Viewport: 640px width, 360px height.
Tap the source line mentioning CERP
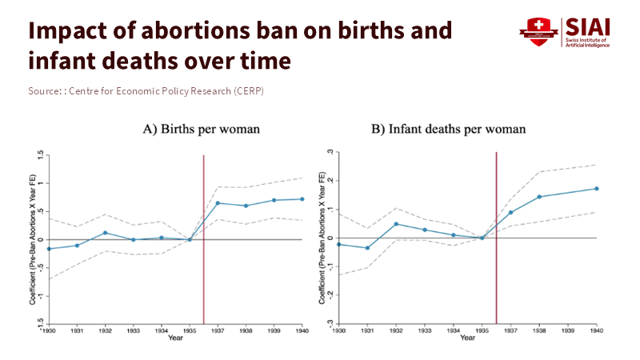click(x=146, y=90)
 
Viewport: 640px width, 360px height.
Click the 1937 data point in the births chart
click(x=218, y=203)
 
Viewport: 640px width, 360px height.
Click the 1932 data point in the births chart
click(x=105, y=233)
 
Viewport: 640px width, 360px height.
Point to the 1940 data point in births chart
click(x=302, y=199)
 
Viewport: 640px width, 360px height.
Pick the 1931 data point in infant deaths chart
click(x=367, y=248)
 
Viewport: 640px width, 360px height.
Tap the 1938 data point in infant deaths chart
click(x=539, y=197)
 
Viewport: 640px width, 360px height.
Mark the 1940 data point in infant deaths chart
click(x=596, y=189)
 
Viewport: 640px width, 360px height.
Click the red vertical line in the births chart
click(x=204, y=240)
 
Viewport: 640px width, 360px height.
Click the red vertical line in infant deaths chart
click(x=496, y=240)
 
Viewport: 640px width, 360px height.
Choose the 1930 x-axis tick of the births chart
click(x=48, y=330)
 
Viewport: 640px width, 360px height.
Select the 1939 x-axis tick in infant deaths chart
click(x=567, y=330)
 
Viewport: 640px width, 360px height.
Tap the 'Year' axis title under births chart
click(x=174, y=338)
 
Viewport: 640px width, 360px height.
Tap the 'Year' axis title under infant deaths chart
click(x=466, y=338)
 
